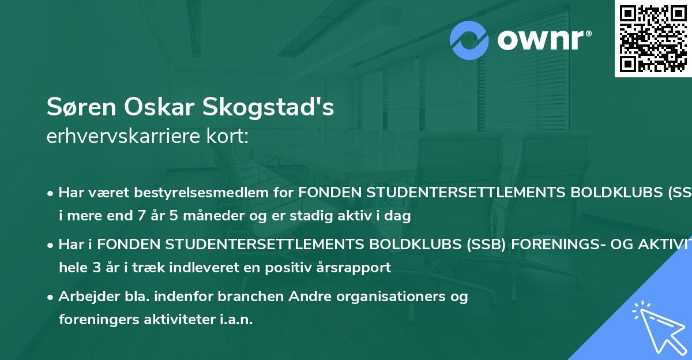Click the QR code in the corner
[653, 38]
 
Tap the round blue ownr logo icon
[470, 40]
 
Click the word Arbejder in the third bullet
[85, 297]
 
